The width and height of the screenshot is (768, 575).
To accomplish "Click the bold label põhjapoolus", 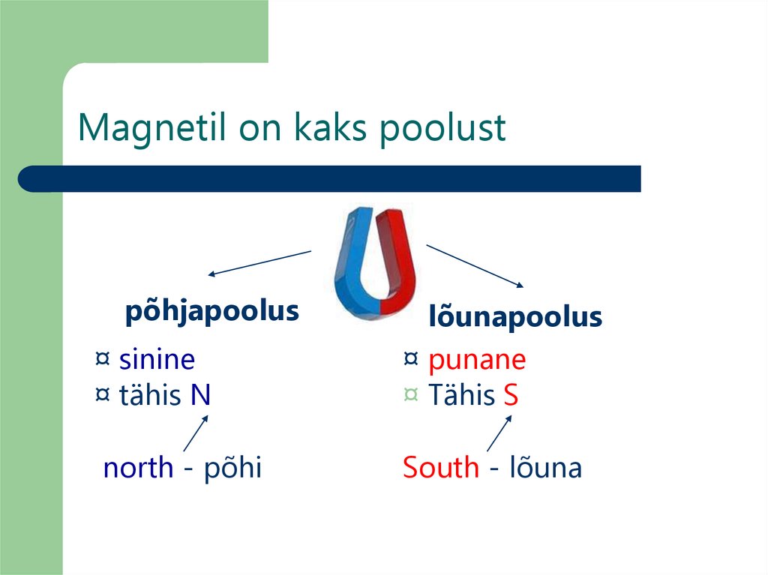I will [x=211, y=311].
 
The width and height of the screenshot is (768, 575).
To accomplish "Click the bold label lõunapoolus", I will [x=515, y=317].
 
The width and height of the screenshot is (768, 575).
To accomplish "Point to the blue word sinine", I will [x=157, y=360].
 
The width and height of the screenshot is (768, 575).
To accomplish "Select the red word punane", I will [x=477, y=360].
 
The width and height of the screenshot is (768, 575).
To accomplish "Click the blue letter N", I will [x=200, y=395].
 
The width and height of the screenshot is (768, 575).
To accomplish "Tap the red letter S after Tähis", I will [x=511, y=395].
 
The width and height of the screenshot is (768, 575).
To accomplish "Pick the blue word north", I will [x=138, y=468].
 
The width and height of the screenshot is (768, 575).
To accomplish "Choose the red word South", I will [x=441, y=468].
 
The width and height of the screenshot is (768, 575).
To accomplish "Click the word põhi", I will [x=232, y=468].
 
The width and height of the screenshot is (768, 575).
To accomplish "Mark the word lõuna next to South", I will [x=545, y=468].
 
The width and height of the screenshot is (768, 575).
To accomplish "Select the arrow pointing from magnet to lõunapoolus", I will [x=475, y=265].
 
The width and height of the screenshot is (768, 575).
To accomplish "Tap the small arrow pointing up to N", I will [x=195, y=433].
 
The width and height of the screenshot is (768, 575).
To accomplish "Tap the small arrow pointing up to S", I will [x=499, y=433].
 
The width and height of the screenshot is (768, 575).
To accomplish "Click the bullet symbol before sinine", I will [x=103, y=359].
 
